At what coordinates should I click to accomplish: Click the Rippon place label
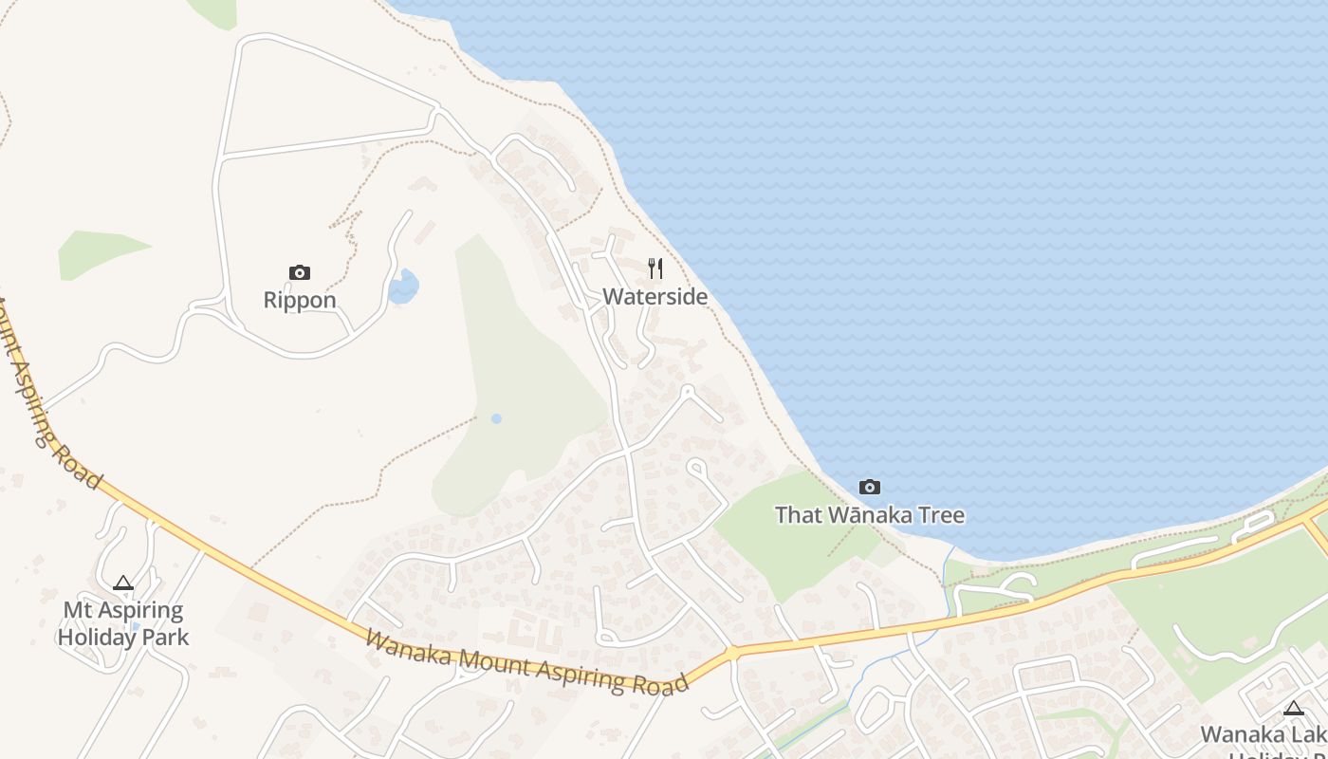[x=300, y=301]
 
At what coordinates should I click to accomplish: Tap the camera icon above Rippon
[x=300, y=273]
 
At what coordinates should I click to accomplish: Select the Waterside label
[x=655, y=297]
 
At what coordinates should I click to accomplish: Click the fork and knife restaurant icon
[x=655, y=268]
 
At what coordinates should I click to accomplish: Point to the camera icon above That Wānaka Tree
[x=869, y=488]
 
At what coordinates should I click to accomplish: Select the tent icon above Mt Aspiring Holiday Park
[x=122, y=583]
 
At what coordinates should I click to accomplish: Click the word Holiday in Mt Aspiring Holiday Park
[x=98, y=638]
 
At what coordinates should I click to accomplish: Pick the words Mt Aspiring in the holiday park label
[x=123, y=610]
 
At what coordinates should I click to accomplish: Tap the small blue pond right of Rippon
[x=404, y=287]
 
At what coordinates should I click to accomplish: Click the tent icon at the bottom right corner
[x=1293, y=708]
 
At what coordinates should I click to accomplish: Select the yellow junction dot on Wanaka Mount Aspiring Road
[x=732, y=654]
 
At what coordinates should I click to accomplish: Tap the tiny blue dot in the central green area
[x=496, y=418]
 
